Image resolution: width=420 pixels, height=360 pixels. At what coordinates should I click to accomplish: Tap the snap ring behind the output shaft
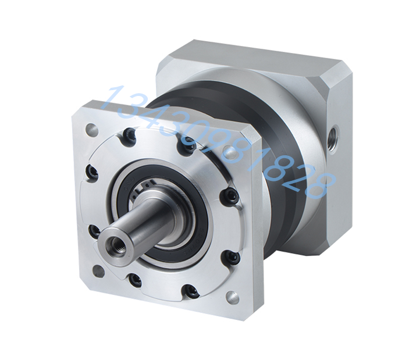click(141, 189)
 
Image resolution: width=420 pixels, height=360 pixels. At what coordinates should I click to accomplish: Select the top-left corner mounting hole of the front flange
click(91, 129)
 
